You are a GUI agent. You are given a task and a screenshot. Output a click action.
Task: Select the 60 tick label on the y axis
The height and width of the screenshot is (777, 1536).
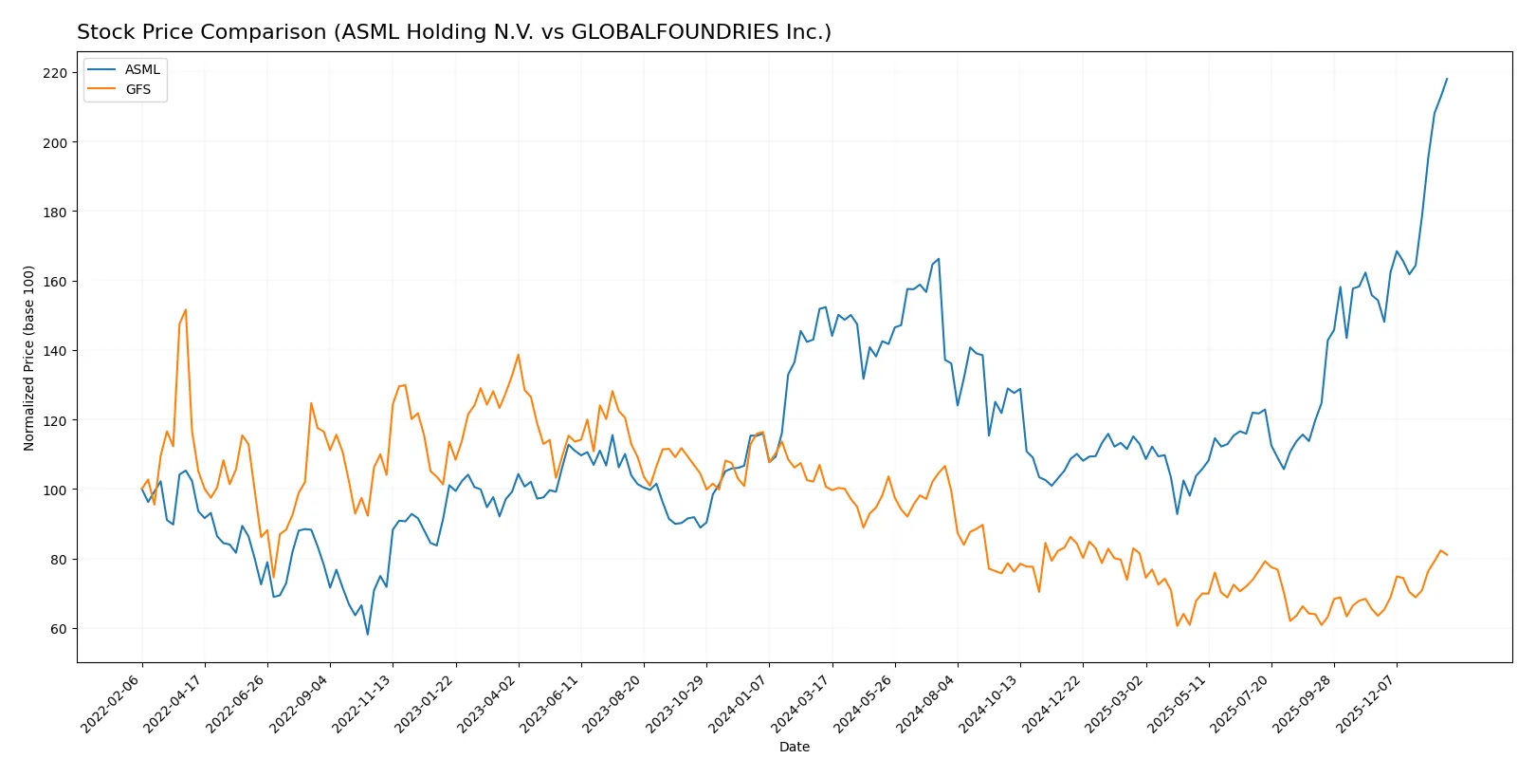[59, 629]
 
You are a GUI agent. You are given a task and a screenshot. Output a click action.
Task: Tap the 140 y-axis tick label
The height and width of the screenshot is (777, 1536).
[55, 351]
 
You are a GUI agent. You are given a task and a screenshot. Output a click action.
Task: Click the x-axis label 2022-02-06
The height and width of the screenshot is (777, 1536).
[112, 703]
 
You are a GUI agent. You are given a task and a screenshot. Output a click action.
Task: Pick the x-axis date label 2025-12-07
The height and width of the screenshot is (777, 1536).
[1366, 703]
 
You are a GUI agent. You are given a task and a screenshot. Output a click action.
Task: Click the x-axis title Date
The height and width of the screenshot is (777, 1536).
[794, 748]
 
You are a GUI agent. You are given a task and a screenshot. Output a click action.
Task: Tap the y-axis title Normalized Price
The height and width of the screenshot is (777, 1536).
[29, 358]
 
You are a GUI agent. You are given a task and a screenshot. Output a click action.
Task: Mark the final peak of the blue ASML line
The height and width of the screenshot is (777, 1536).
[1447, 79]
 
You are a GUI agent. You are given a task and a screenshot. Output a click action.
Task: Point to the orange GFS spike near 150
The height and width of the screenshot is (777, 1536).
[186, 309]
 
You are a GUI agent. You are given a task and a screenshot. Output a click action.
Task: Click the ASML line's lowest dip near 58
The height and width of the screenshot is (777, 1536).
[368, 635]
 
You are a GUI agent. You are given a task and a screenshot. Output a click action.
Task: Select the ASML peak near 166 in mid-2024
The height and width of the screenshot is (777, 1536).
[939, 259]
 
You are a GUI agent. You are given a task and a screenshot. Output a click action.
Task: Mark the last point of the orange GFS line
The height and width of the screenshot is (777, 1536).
[1447, 555]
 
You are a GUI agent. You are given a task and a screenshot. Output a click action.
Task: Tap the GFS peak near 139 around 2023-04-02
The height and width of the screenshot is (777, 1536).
[518, 355]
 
